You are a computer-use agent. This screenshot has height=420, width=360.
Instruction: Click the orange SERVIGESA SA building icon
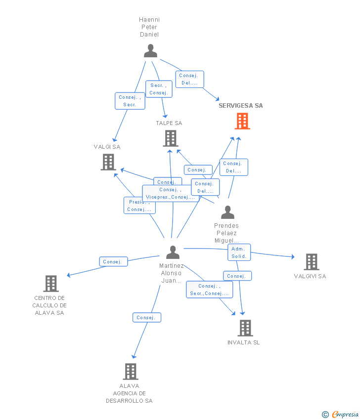tap(242, 121)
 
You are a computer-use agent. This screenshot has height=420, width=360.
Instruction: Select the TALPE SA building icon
tap(171, 138)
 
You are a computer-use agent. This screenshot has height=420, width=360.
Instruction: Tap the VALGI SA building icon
tap(108, 162)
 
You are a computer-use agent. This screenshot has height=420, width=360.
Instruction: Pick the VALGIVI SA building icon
tap(311, 262)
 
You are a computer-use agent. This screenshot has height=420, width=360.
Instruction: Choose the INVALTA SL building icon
tap(245, 328)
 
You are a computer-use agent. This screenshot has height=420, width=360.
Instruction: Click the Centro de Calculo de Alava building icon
tap(51, 284)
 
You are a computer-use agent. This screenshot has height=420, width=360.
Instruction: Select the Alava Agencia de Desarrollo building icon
tap(130, 372)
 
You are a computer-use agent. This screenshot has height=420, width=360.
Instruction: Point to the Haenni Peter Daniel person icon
tap(150, 50)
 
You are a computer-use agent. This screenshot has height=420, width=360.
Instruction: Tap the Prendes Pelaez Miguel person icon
tap(227, 212)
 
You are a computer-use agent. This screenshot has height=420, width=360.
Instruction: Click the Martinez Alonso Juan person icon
tap(173, 252)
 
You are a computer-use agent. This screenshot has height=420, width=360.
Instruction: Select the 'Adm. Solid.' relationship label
tap(239, 252)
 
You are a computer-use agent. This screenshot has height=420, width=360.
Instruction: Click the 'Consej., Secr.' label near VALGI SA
tap(130, 101)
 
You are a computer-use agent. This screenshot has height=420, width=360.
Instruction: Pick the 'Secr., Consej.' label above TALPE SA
tap(159, 89)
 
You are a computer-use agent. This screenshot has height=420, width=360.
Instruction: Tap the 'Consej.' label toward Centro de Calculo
tap(113, 261)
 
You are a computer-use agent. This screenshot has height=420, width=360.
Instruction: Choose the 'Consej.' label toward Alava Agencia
tap(146, 317)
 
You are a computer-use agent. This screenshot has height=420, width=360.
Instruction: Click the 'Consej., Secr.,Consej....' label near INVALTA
tap(209, 290)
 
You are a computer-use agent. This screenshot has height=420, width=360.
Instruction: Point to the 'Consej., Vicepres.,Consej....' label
tap(171, 193)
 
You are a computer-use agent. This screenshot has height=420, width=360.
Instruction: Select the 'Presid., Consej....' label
tap(139, 206)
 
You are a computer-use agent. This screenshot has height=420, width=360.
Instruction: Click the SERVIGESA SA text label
tap(241, 105)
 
